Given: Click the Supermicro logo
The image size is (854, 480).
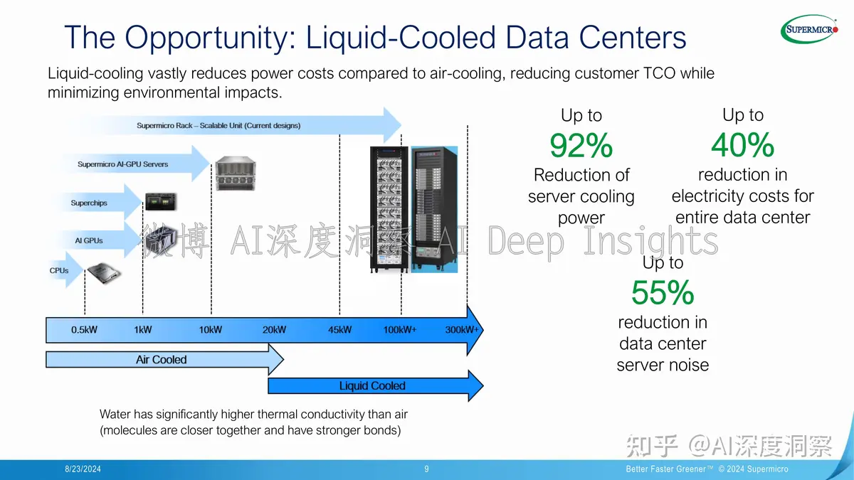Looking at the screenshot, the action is [809, 29].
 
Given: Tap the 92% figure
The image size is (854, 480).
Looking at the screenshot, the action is [581, 145].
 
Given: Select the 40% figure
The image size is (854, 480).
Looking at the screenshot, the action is [743, 145].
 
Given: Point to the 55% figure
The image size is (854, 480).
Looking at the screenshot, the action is [663, 292].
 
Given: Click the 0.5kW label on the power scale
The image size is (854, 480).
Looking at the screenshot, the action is [84, 329].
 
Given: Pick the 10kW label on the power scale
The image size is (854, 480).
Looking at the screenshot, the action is [211, 329].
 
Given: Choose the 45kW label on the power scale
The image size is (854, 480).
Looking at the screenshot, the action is [339, 329].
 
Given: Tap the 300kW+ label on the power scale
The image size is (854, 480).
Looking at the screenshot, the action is [461, 329].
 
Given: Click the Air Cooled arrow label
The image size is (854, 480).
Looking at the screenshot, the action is [162, 360].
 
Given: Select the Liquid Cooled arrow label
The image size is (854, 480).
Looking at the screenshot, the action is [372, 386].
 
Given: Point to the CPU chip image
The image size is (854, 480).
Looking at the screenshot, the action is [103, 273].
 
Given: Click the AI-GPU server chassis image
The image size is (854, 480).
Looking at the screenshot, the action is [236, 174].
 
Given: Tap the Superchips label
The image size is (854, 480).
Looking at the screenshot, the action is [89, 203].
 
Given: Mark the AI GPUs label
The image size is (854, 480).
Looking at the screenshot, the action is [89, 241].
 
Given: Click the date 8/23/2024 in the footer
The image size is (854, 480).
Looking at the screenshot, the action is [83, 469].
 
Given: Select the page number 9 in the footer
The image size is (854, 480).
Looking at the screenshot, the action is [426, 469].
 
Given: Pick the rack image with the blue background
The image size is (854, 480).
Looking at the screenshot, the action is [434, 209].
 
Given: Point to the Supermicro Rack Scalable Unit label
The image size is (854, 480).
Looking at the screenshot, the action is [218, 125].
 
